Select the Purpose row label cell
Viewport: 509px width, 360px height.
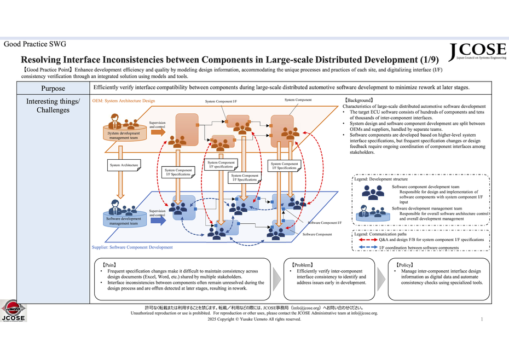click(x=53, y=89)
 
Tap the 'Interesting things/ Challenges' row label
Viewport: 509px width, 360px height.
click(x=53, y=106)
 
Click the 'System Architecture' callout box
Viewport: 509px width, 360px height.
click(x=124, y=165)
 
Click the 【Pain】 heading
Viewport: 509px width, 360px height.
click(x=110, y=264)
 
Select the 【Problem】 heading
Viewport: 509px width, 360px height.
click(x=302, y=264)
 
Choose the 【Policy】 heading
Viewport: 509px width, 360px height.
click(x=401, y=264)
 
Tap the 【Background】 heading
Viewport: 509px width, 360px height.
click(x=359, y=100)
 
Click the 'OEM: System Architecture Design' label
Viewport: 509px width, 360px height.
click(x=123, y=101)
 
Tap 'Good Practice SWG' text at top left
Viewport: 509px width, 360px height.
click(x=34, y=44)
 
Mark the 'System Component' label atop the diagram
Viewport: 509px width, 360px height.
click(x=298, y=100)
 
